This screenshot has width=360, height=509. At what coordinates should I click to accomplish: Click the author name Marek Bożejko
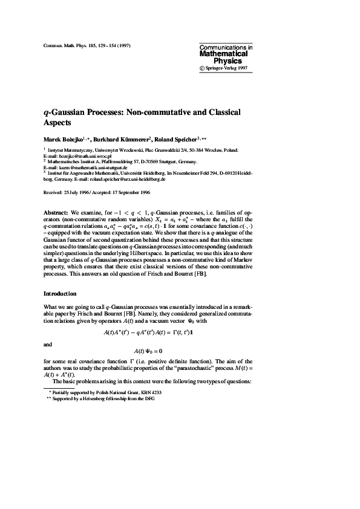pos(62,138)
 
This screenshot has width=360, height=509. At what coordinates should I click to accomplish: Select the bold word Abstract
pos(56,213)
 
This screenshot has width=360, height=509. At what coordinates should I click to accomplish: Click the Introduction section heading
pos(60,294)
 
